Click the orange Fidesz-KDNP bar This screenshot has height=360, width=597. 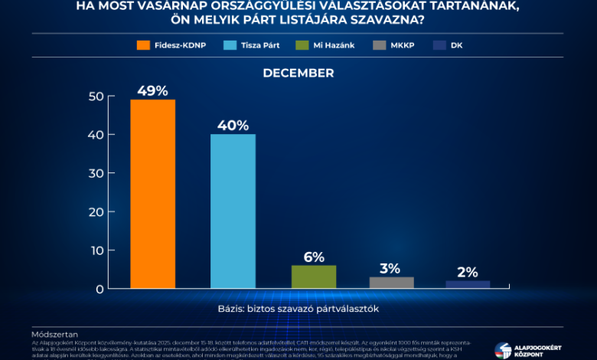152,194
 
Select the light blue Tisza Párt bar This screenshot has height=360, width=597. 233,211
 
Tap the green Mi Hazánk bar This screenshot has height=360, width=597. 313,277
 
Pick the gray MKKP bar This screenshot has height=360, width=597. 391,283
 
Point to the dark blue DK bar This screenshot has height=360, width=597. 468,284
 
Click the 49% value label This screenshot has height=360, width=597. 152,90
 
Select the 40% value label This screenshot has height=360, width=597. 233,125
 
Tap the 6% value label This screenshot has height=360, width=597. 313,257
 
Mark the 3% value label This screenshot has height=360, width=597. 390,268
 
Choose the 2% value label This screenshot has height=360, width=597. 468,272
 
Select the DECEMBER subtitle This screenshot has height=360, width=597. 298,73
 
